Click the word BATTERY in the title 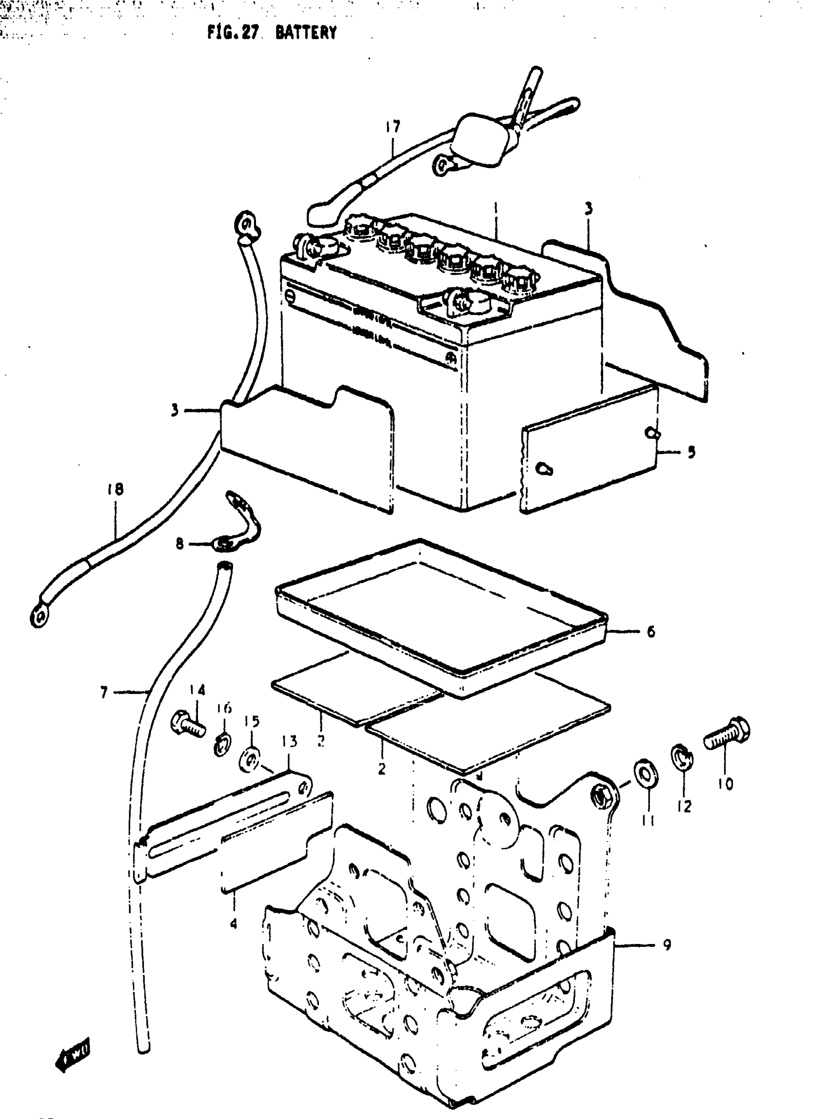tap(306, 33)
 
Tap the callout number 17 tap(393, 127)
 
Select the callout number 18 tap(116, 489)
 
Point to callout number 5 tap(691, 452)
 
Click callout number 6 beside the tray tap(651, 631)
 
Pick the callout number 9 tap(667, 945)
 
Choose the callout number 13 tap(290, 741)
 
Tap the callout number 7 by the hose tap(104, 693)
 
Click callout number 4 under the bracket tap(234, 923)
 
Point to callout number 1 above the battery tap(495, 208)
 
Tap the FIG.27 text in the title tap(233, 33)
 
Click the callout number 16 tap(224, 708)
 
